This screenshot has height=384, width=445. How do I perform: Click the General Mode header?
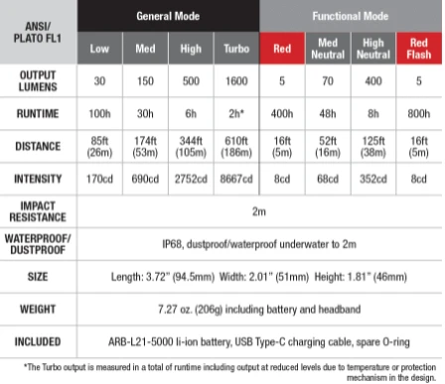(168, 17)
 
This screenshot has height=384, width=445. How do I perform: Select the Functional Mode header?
(351, 17)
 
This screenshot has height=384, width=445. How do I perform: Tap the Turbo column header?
(235, 48)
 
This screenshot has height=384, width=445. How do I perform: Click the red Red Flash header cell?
(418, 48)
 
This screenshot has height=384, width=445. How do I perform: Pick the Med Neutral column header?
(327, 48)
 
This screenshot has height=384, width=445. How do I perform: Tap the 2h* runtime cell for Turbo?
(235, 114)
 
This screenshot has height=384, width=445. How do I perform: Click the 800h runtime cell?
(418, 114)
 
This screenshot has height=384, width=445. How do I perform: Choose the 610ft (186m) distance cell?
(235, 148)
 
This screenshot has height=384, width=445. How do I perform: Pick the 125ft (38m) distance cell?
(372, 148)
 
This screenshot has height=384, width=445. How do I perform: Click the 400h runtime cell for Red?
(281, 114)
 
